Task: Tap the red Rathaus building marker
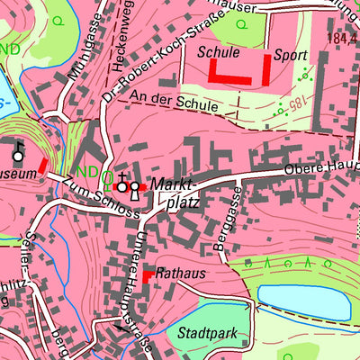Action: click(x=148, y=275)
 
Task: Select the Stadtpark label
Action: click(x=207, y=333)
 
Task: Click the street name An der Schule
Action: click(x=174, y=101)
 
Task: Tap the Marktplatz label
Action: click(x=175, y=192)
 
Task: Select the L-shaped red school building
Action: click(x=229, y=76)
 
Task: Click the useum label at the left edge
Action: click(x=18, y=172)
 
